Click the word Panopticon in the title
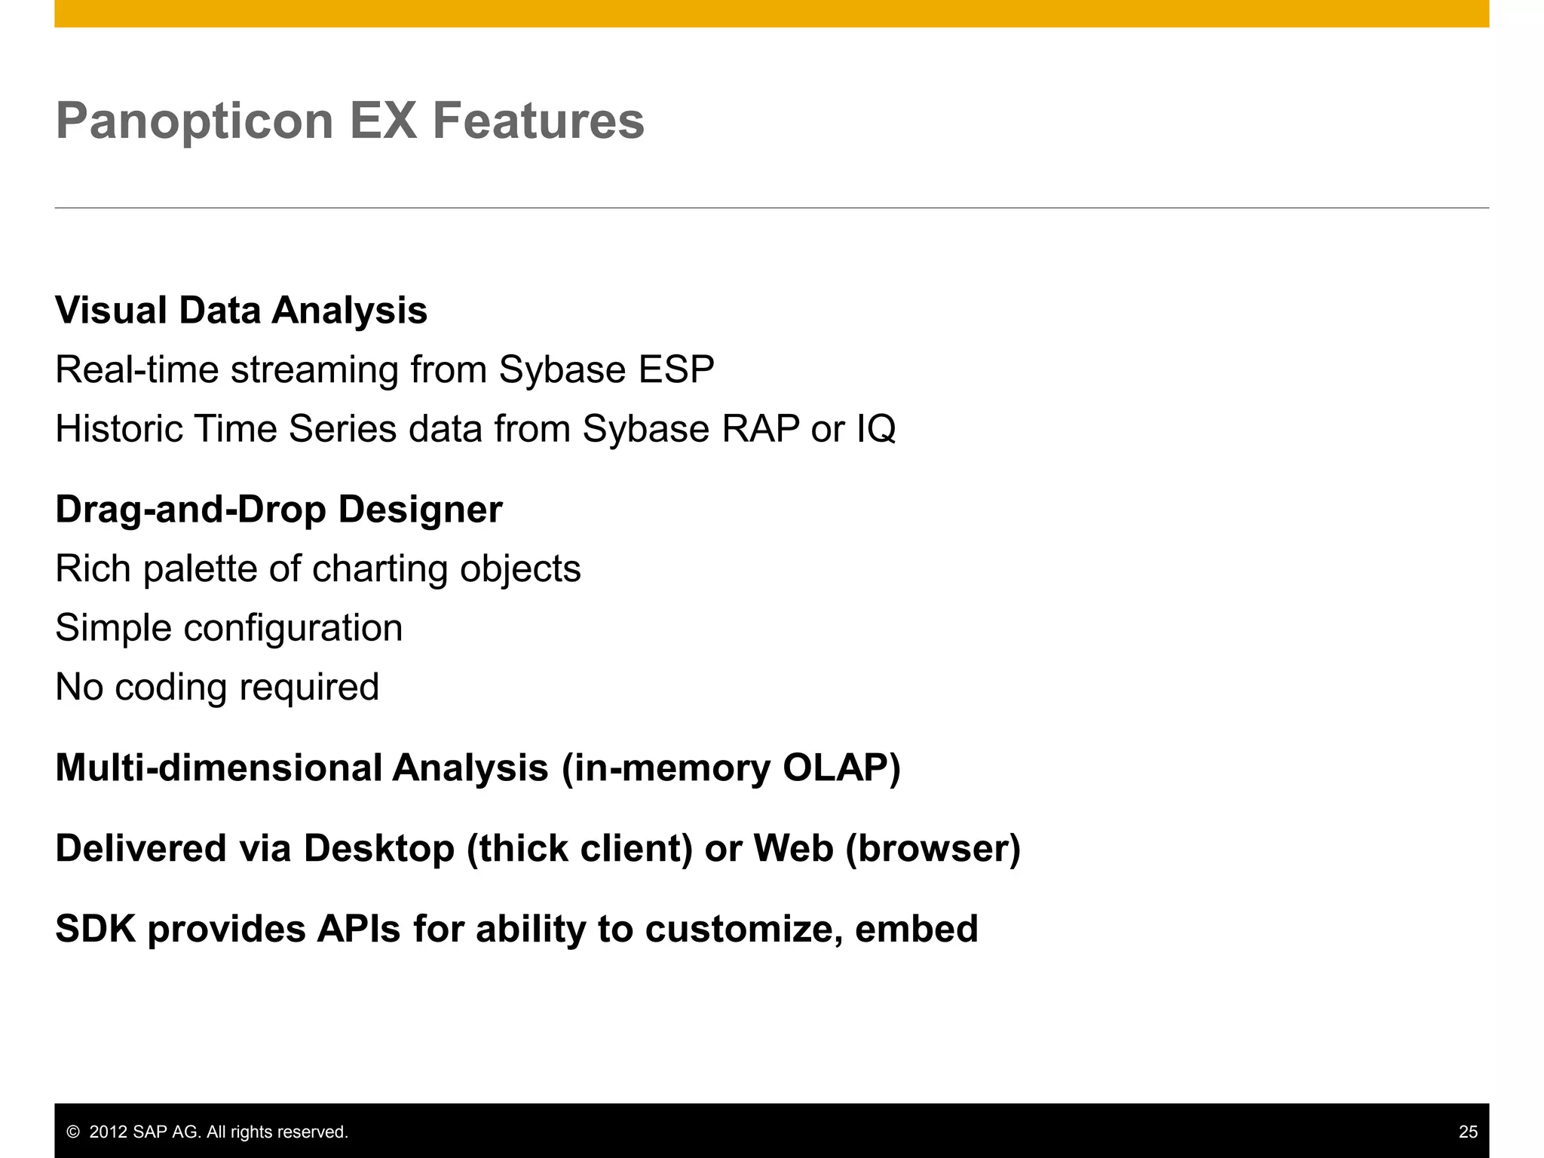(x=195, y=121)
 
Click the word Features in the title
(x=538, y=121)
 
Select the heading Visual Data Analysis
(x=241, y=311)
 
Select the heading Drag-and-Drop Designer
(x=279, y=510)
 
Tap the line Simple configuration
(x=229, y=628)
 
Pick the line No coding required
(x=217, y=688)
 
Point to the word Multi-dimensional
(x=219, y=768)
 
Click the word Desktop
(x=379, y=849)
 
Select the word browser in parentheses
(x=933, y=849)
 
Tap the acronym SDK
(x=96, y=929)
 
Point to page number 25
(x=1468, y=1132)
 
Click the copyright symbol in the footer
(x=73, y=1132)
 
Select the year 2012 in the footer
(x=109, y=1132)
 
